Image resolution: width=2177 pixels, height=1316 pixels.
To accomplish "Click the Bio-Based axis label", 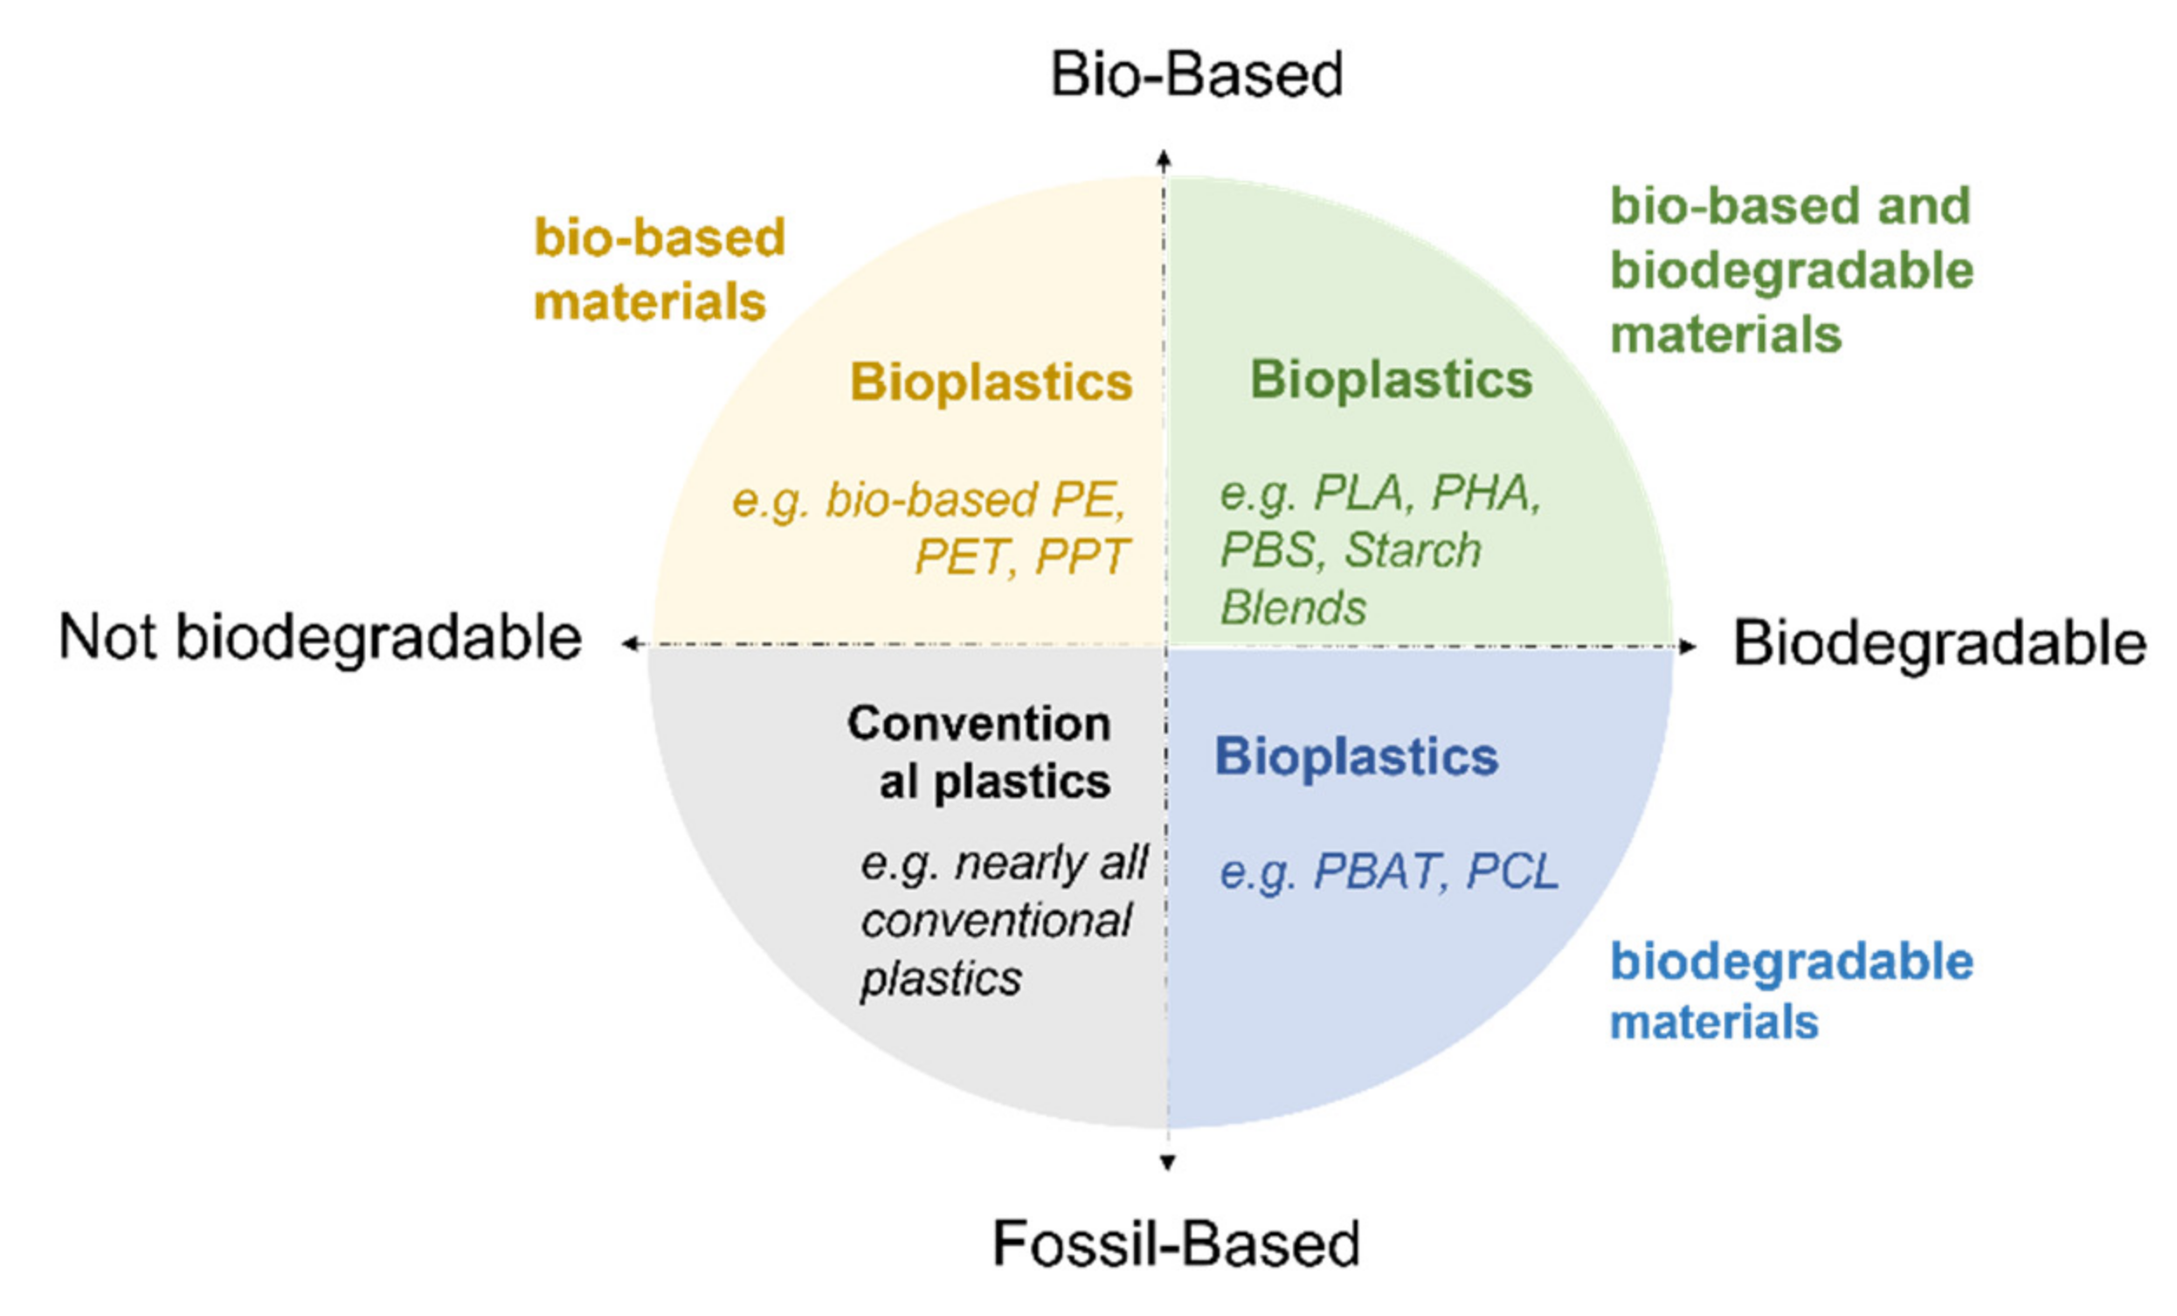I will point(1196,74).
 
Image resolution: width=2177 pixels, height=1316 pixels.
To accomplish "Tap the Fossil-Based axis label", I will point(1175,1244).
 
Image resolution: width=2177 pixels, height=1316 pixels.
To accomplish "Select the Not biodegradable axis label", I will point(320,637).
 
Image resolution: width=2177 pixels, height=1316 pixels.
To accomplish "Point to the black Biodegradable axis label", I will point(1939,643).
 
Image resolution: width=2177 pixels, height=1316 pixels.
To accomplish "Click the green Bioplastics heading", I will point(1391,380).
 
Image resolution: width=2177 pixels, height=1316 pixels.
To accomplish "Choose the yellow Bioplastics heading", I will point(991,382).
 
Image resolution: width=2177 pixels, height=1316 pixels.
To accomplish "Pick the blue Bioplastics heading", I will point(1356,756).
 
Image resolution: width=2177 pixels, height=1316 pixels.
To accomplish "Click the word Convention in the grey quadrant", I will point(979,723).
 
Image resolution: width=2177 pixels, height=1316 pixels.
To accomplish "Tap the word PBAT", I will point(1377,872).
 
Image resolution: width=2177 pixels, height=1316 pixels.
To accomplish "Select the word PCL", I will point(1511,872).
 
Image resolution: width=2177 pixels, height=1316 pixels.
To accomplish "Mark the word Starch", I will point(1412,549).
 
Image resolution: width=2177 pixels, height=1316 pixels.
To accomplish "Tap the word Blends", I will point(1293,608).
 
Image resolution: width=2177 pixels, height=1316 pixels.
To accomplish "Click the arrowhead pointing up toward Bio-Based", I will point(1165,159).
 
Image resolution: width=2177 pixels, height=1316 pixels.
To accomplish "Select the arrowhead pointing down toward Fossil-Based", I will point(1167,1162).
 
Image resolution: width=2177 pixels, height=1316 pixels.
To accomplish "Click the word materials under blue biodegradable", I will point(1713,1022).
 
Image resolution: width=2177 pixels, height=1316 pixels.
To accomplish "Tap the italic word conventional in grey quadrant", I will point(996,921).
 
